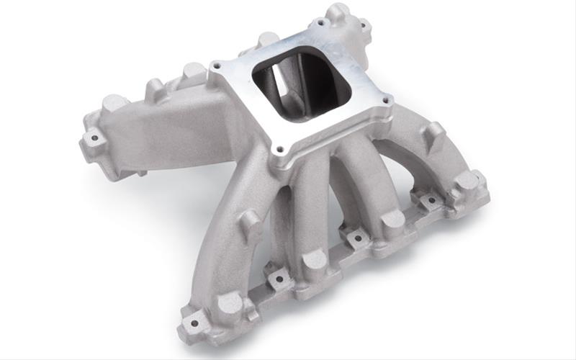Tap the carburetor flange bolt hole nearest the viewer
click(278, 150)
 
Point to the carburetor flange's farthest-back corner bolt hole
click(318, 24)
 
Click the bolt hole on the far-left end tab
click(92, 137)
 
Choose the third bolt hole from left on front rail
click(354, 235)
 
